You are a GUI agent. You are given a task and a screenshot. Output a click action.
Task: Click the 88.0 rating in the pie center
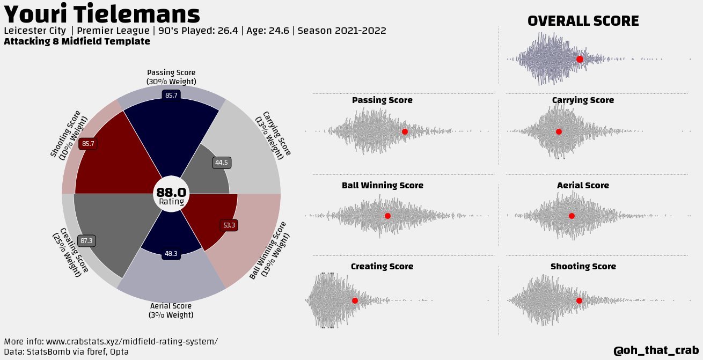point(171,193)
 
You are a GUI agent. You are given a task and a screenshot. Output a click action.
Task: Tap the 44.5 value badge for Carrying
point(222,163)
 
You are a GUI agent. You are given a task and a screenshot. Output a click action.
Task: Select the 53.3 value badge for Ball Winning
point(229,225)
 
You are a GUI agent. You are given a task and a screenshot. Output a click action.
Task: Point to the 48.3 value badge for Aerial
point(171,254)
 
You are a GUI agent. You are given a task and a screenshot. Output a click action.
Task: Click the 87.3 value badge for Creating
point(86,241)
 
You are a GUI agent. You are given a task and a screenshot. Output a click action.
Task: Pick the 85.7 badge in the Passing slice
point(171,95)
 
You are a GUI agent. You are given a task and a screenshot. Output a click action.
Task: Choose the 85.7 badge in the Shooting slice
point(89,144)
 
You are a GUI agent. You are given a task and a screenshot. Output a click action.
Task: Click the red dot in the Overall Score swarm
point(580,59)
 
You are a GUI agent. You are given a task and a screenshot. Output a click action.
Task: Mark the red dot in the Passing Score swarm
point(405,131)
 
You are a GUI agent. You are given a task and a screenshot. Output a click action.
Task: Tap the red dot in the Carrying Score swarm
point(559,131)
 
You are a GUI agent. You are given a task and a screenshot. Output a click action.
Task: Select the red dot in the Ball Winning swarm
point(387,216)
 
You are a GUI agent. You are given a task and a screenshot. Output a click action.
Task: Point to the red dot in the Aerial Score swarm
point(572,216)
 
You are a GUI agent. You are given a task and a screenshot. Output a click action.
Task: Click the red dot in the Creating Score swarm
point(355,300)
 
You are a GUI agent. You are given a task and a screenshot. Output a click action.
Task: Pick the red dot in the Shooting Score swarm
point(579,300)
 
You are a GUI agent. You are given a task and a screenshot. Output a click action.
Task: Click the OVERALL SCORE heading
point(583,21)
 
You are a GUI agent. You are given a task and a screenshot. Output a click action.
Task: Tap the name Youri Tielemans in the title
point(102,14)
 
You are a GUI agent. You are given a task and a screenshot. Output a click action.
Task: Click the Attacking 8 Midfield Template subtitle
point(77,41)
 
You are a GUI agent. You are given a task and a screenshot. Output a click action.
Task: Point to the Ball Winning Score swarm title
point(382,186)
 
